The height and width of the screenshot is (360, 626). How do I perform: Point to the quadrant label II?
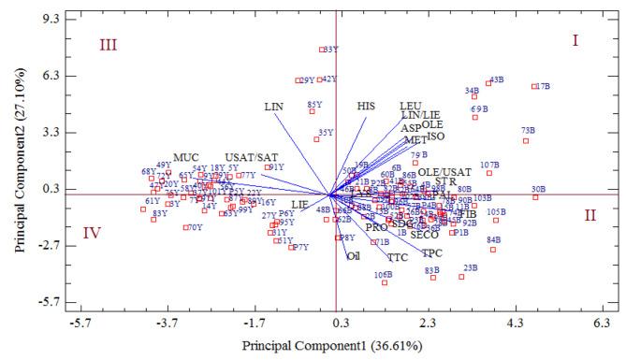coord(590,215)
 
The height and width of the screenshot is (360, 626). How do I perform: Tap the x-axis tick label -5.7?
coord(80,323)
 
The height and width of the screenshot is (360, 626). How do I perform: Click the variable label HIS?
coord(366,106)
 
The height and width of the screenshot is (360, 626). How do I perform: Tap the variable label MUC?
coord(186,156)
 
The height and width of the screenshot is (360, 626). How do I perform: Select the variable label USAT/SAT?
coord(251,156)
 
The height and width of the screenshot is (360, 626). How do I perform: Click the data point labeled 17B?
coord(534,87)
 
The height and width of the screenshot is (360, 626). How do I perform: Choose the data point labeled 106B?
coord(385,281)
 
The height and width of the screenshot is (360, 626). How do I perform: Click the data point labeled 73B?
coord(526,140)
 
